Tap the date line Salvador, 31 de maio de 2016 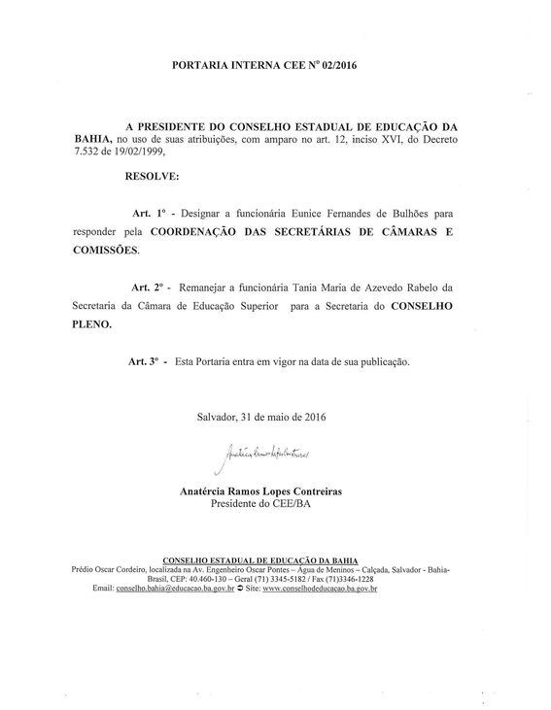pyautogui.click(x=260, y=418)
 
